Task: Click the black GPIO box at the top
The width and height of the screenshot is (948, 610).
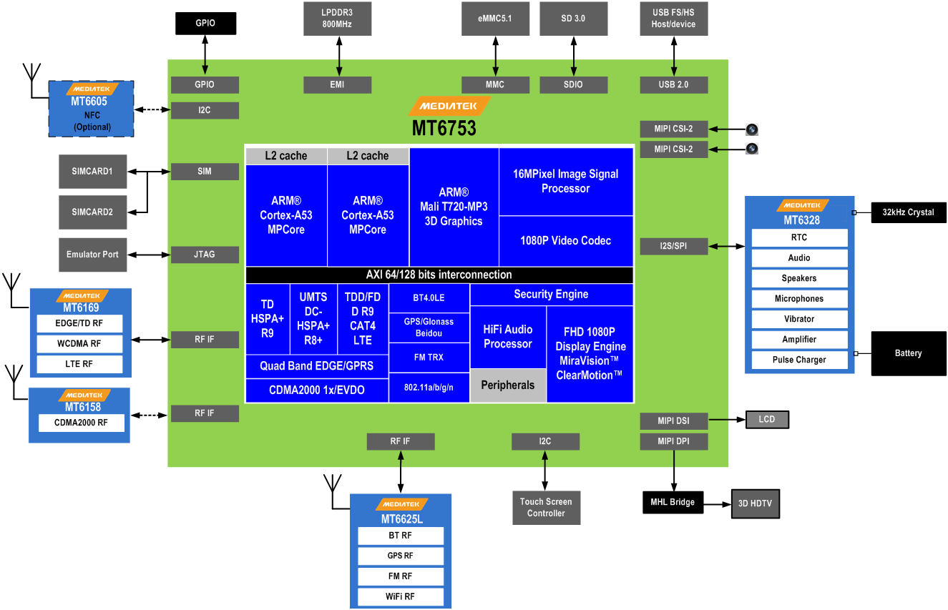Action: click(205, 24)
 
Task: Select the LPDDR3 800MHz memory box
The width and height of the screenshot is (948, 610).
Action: click(337, 19)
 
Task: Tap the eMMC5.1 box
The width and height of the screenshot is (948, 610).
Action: click(494, 19)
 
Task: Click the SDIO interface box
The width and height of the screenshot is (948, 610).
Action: click(573, 84)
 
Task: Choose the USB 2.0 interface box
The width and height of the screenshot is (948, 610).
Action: click(673, 84)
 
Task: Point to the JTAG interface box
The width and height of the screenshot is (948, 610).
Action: click(205, 254)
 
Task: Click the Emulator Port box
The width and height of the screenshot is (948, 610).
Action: click(93, 255)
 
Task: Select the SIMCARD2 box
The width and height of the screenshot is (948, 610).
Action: click(92, 212)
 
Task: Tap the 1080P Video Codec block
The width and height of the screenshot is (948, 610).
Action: click(565, 241)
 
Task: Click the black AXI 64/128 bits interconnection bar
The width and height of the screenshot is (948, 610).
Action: click(439, 275)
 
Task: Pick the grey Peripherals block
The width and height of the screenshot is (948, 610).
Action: click(507, 385)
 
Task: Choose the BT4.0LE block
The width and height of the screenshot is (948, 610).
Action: click(429, 298)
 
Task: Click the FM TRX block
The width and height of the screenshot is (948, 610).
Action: click(429, 358)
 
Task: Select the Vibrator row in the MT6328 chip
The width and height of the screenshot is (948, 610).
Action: click(798, 319)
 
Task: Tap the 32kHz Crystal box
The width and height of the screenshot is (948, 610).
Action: click(908, 212)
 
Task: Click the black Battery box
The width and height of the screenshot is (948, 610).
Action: click(908, 353)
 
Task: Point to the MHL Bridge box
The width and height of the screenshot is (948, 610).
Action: click(673, 502)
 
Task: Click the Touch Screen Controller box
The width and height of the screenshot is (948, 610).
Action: click(546, 508)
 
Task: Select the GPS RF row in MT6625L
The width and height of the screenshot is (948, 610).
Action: click(400, 556)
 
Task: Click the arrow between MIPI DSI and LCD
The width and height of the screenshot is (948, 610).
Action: click(727, 420)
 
